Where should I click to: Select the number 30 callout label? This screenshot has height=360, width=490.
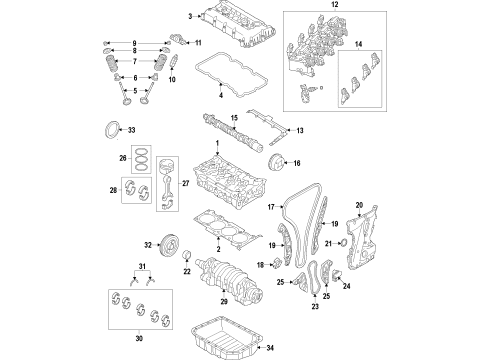click(x=137, y=337)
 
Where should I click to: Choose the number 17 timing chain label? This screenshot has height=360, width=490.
click(x=270, y=207)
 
